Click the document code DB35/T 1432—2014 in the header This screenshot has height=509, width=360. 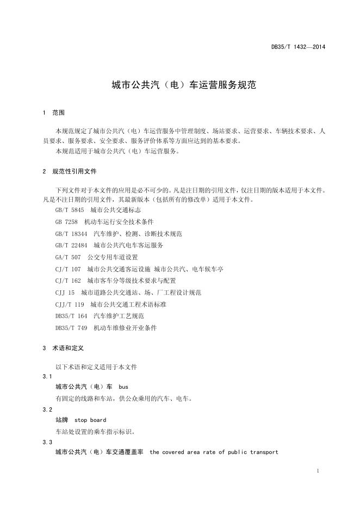[x=298, y=47]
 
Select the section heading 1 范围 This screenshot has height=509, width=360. [x=53, y=113]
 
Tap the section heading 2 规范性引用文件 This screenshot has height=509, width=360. [x=70, y=171]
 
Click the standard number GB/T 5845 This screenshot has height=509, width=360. [x=70, y=209]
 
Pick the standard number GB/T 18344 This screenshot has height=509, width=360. [x=71, y=233]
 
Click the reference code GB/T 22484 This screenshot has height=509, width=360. [x=71, y=245]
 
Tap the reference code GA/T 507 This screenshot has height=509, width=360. [x=68, y=257]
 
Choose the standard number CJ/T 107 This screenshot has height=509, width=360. [x=68, y=269]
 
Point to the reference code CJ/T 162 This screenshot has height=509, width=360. [x=68, y=281]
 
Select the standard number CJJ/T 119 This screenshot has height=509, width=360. [x=70, y=305]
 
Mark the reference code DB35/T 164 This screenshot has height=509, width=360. [x=71, y=316]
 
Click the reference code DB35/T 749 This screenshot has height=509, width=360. [x=71, y=328]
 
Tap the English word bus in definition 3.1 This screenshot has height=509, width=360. [x=123, y=387]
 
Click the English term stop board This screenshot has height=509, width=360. [x=90, y=420]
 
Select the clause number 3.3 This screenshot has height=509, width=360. [x=47, y=442]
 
